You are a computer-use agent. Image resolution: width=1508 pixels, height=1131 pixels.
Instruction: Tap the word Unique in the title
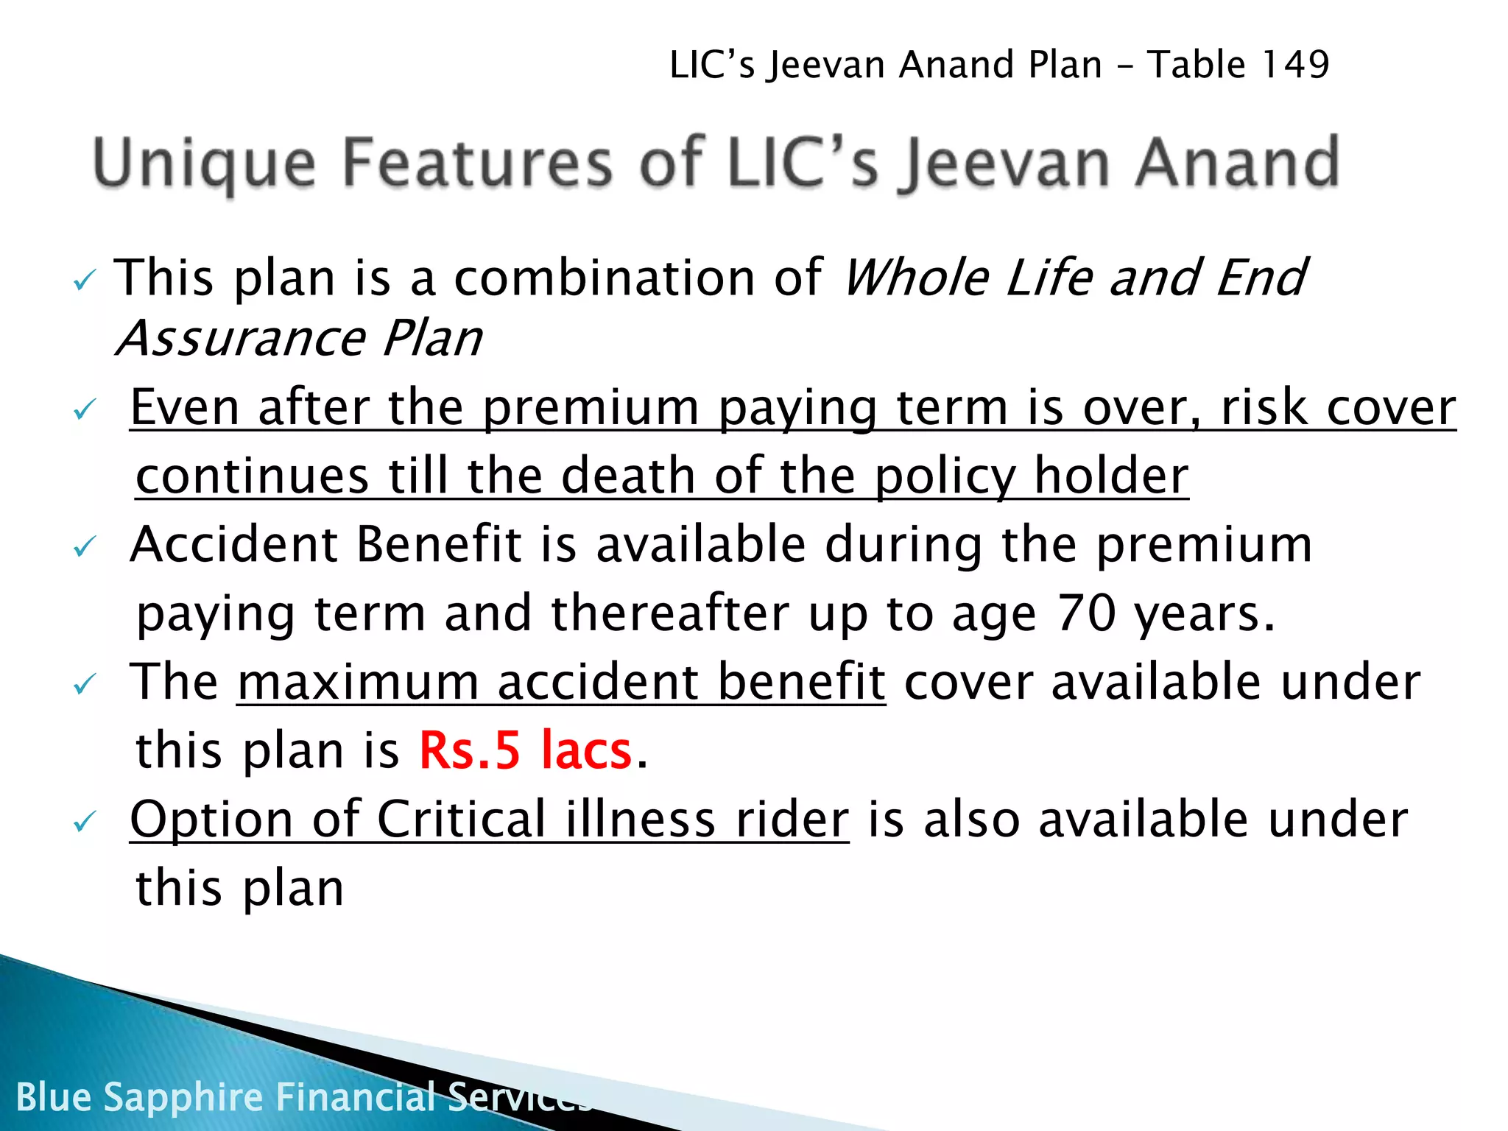click(x=204, y=164)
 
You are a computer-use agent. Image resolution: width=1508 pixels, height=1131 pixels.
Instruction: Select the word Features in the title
click(x=477, y=163)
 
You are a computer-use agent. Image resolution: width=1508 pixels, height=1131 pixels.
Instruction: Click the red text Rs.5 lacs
click(x=525, y=750)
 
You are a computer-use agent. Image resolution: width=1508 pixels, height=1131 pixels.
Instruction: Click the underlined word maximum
click(x=358, y=682)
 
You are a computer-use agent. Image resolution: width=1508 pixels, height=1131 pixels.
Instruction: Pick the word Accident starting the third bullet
click(x=233, y=545)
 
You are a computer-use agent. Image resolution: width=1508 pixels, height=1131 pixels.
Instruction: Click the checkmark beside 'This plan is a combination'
click(x=84, y=281)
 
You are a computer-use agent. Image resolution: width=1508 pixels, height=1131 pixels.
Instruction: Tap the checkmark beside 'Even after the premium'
click(x=84, y=409)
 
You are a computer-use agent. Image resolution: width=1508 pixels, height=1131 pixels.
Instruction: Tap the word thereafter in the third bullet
click(x=670, y=613)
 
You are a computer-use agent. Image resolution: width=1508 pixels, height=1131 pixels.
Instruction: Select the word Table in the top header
click(x=1196, y=65)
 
